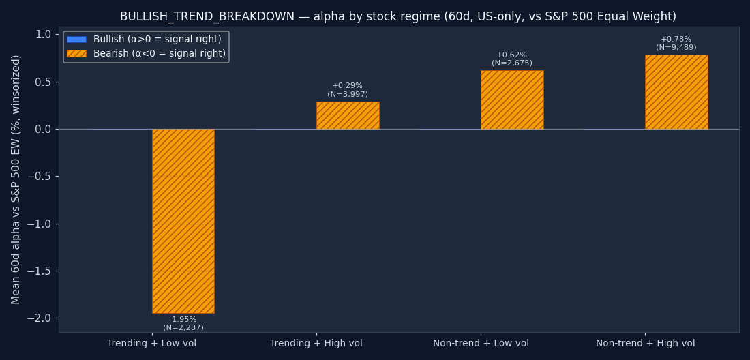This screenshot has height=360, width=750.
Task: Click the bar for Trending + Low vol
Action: pos(183,221)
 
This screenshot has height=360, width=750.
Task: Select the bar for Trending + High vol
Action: pos(348,115)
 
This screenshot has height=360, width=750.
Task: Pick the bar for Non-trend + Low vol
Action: pos(512,100)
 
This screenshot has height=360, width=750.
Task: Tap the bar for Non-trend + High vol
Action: pos(676,92)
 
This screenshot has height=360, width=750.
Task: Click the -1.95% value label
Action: pos(183,320)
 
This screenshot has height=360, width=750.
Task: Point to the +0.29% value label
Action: pos(348,86)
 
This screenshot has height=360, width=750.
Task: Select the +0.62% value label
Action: pos(512,55)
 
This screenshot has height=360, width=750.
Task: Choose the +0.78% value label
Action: pos(676,40)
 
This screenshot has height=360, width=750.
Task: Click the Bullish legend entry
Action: pos(157,40)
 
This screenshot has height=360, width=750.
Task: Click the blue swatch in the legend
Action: pos(76,40)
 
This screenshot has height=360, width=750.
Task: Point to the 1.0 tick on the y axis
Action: pos(43,35)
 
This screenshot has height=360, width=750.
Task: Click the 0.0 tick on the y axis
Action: pos(43,130)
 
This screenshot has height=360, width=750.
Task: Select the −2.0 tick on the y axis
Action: pos(40,318)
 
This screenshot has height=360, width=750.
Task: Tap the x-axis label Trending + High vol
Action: pos(316,344)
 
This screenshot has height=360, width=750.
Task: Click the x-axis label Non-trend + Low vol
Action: pos(481,344)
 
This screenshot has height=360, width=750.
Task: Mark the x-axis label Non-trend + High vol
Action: pos(645,344)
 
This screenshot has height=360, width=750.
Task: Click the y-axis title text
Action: pos(16,179)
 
